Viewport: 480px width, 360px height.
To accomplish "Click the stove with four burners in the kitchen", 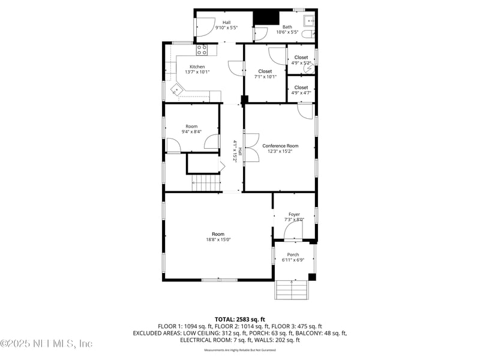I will (x=202, y=50).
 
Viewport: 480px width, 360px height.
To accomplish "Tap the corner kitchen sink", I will (x=177, y=90).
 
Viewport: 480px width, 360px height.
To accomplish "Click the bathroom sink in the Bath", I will (x=310, y=21).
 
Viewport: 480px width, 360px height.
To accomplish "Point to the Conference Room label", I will (x=280, y=146).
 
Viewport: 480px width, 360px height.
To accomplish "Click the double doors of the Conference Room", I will (x=251, y=148).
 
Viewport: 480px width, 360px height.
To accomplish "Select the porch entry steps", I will (x=292, y=290).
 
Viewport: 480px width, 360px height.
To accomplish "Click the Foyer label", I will (x=294, y=214).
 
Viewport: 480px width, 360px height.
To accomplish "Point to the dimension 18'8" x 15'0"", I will (x=218, y=239).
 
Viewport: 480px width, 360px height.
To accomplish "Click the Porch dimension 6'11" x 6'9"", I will (x=293, y=260).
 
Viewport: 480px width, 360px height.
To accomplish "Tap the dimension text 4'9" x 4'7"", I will (x=301, y=92).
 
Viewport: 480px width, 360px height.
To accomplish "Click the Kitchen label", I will (x=197, y=67).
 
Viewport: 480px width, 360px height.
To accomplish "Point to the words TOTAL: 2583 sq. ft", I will (x=240, y=319).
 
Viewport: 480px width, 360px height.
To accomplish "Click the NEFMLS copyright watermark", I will (x=47, y=343).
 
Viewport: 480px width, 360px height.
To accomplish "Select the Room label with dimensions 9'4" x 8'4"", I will (x=191, y=127).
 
